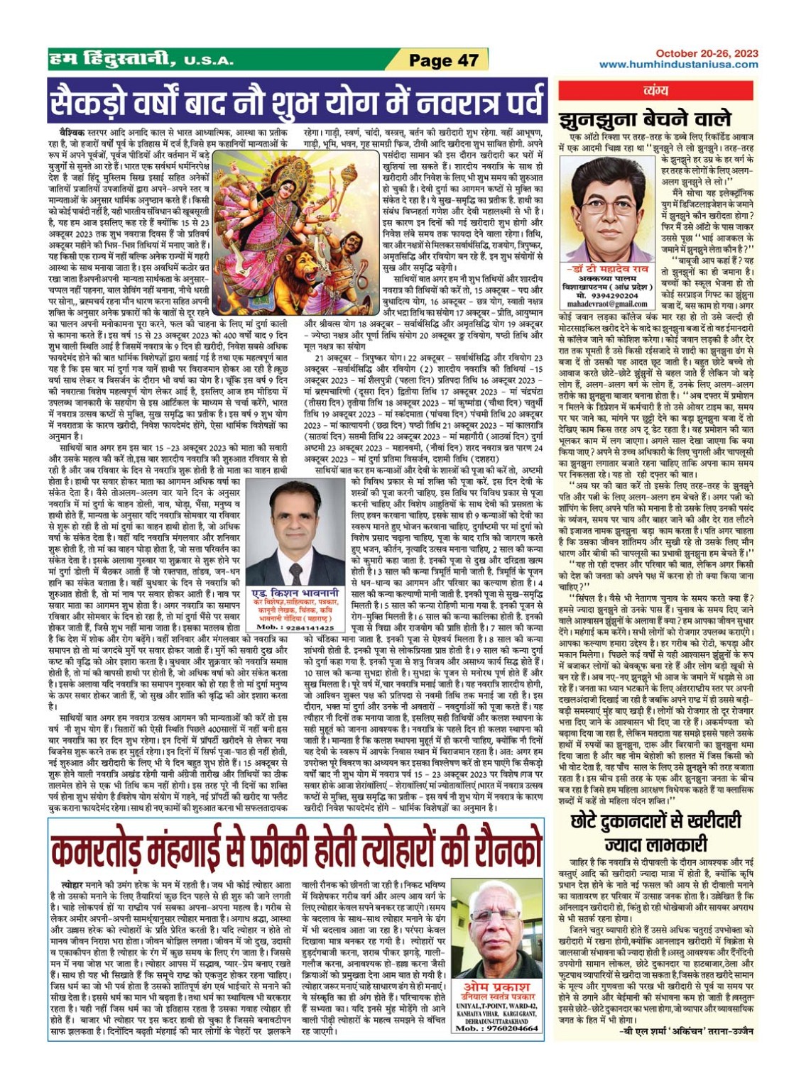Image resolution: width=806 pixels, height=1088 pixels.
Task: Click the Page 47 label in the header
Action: pyautogui.click(x=444, y=60)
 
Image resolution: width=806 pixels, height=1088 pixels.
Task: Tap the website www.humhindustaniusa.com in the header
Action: pyautogui.click(x=678, y=65)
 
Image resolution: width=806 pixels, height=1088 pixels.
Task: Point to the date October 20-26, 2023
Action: pyautogui.click(x=707, y=53)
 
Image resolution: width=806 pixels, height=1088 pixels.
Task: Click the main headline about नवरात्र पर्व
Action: pyautogui.click(x=298, y=101)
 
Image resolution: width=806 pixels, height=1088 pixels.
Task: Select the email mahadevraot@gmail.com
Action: pyautogui.click(x=608, y=303)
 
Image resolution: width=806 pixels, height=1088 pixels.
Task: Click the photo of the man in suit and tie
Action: pyautogui.click(x=295, y=532)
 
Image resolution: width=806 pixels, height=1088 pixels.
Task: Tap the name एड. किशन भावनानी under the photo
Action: pyautogui.click(x=295, y=593)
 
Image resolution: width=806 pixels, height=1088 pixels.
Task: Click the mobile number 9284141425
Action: pyautogui.click(x=295, y=627)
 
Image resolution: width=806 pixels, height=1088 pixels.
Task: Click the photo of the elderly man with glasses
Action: pyautogui.click(x=497, y=925)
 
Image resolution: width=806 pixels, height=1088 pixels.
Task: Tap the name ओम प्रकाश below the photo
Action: pyautogui.click(x=497, y=987)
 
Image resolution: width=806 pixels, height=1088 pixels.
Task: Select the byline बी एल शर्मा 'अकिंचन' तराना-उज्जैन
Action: pyautogui.click(x=685, y=1031)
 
